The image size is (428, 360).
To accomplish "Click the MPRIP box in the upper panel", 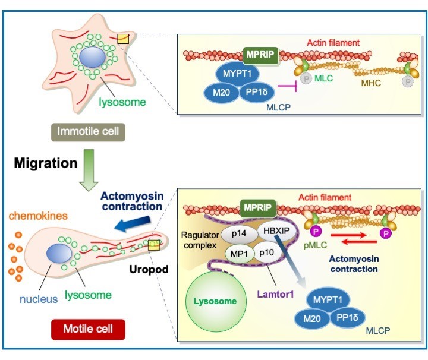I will [x=260, y=54].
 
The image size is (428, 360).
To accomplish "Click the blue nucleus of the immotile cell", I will [x=93, y=59].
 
